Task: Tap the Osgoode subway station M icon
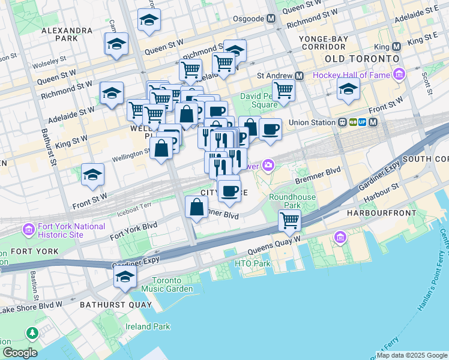click(x=272, y=18)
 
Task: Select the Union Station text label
click(x=310, y=122)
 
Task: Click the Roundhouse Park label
click(x=285, y=201)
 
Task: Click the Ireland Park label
click(x=148, y=326)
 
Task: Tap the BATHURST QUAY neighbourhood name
click(x=109, y=305)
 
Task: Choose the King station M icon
click(x=396, y=47)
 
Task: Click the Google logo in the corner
click(x=19, y=353)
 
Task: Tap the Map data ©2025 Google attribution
click(x=412, y=355)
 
